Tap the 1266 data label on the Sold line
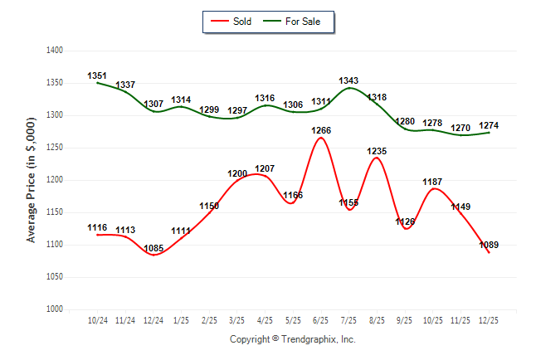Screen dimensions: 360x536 pos(321,130)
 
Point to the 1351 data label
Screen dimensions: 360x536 pos(97,76)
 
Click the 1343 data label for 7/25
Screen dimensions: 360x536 pos(349,80)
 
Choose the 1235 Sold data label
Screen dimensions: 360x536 pos(378,151)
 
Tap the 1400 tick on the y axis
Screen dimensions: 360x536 pos(56,51)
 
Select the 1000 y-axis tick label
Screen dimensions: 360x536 pos(56,309)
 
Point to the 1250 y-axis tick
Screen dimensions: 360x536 pos(56,148)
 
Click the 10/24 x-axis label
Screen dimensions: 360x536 pos(97,319)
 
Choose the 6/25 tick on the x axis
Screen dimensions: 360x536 pos(321,319)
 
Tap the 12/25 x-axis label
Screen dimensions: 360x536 pos(489,319)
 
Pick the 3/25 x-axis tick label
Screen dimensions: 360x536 pos(237,319)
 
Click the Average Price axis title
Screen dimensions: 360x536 pos(32,180)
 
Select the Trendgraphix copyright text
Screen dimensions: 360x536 pos(292,339)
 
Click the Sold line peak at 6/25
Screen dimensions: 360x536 pos(321,138)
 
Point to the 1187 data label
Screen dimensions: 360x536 pos(433,182)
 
